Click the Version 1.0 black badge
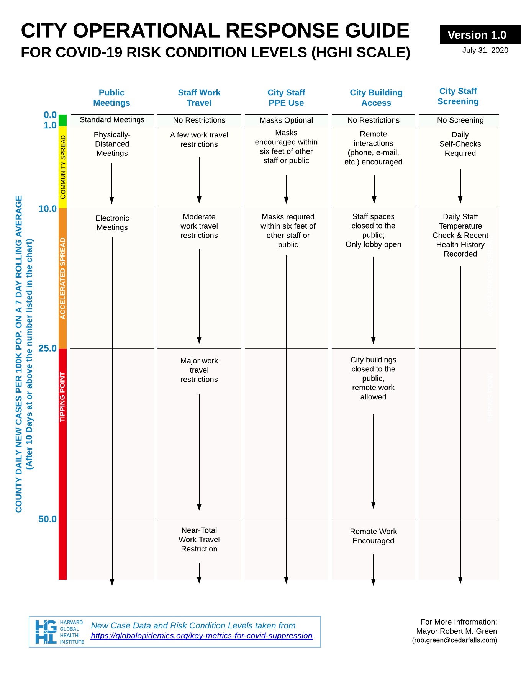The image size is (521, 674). tap(480, 34)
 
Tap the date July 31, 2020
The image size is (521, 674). tap(485, 50)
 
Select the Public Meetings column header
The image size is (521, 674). tap(111, 98)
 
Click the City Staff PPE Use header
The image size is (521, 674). tap(286, 98)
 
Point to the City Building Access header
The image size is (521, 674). tap(376, 98)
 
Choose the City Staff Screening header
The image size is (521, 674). tap(458, 96)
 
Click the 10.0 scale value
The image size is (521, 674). tap(48, 209)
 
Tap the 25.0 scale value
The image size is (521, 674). tap(48, 348)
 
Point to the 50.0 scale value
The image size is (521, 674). tap(48, 519)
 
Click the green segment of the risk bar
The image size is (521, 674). tap(62, 120)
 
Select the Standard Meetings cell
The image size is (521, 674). tap(112, 120)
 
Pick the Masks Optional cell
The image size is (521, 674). tap(286, 120)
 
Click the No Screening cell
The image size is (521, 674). tap(460, 120)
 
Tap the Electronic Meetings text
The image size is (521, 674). tap(112, 222)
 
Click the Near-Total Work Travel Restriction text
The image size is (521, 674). tap(199, 540)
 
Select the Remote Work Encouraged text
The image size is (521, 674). tap(374, 536)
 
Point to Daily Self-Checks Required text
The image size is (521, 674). tap(460, 144)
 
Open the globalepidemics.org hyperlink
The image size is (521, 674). tap(202, 636)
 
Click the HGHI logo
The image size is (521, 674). tap(59, 632)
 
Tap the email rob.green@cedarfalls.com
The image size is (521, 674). tap(455, 640)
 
